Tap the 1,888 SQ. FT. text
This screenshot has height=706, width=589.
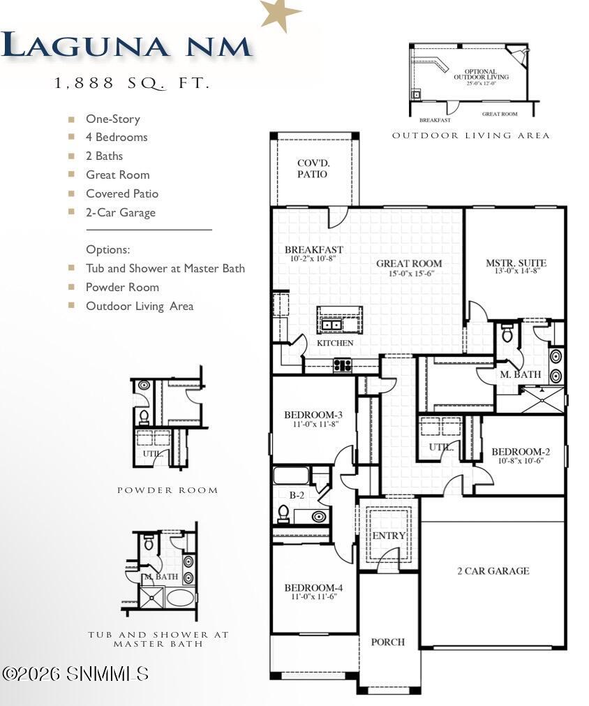(132, 83)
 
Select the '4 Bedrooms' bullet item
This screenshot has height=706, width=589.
(117, 138)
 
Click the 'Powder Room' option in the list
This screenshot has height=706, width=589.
(122, 287)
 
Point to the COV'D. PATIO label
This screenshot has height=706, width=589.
(312, 168)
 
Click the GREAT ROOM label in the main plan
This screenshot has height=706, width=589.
(409, 264)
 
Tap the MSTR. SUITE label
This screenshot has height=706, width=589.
(516, 263)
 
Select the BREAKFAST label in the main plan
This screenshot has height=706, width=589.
(313, 250)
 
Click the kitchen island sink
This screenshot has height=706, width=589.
(331, 325)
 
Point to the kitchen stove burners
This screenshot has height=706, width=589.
(342, 365)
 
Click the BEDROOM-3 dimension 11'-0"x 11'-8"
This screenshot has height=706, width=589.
(312, 424)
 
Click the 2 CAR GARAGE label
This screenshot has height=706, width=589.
(493, 571)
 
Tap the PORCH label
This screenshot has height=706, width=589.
(387, 642)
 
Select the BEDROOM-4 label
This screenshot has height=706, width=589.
(312, 588)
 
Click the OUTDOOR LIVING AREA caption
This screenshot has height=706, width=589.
(470, 135)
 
